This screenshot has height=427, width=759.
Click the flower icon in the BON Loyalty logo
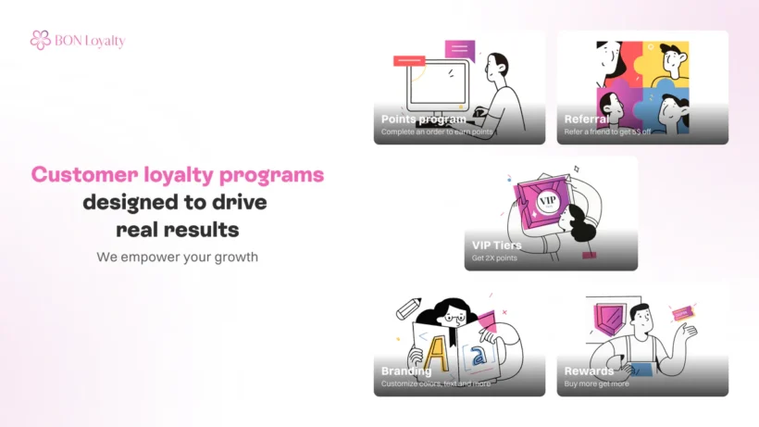pos(40,40)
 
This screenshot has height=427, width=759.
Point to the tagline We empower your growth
pos(177,257)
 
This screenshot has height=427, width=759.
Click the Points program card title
pos(423,119)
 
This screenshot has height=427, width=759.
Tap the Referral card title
pos(587,119)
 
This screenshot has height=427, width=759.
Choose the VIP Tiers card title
pos(497,245)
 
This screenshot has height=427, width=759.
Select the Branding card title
pos(406,371)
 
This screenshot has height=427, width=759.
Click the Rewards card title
pos(590,371)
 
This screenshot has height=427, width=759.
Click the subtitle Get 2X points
pos(494,257)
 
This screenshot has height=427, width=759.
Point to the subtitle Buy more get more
pos(597,383)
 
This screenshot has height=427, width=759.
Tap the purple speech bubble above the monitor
pos(458,48)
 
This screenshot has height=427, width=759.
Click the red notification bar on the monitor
pos(408,61)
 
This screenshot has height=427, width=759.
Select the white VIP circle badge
pos(546,198)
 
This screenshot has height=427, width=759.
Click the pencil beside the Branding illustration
pos(407,308)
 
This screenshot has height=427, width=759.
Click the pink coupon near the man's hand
pos(684,314)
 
